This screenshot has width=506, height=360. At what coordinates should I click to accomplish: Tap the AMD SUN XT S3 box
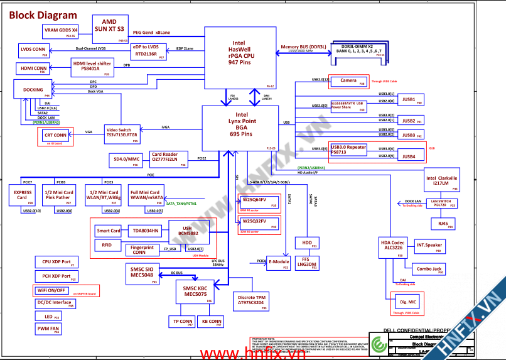109,25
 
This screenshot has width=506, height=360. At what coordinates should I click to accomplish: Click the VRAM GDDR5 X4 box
60,31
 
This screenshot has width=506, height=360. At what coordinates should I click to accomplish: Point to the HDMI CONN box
33,68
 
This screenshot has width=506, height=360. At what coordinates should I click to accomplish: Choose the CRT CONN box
55,136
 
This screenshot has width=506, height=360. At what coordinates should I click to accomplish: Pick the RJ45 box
443,224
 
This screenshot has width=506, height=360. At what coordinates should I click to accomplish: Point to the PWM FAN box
48,329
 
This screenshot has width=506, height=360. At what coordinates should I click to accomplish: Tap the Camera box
348,82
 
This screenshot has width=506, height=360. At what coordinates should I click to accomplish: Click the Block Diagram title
44,15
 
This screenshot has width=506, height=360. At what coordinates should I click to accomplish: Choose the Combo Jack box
429,269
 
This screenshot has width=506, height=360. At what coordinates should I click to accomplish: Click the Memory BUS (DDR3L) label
303,47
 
